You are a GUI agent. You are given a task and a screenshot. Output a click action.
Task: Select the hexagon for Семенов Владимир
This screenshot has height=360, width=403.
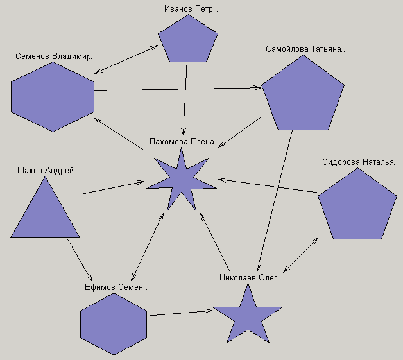click(53, 97)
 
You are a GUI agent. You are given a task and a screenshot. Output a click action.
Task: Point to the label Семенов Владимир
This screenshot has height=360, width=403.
click(55, 56)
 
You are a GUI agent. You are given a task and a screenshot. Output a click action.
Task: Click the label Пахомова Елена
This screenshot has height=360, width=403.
click(183, 141)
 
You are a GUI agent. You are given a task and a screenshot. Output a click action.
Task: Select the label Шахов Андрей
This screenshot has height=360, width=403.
click(47, 171)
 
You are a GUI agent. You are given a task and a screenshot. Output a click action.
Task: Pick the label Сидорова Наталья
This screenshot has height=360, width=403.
click(359, 162)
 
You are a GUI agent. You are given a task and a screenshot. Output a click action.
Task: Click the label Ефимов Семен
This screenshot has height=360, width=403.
click(116, 287)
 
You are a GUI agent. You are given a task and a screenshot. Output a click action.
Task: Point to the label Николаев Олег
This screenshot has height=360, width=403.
click(250, 278)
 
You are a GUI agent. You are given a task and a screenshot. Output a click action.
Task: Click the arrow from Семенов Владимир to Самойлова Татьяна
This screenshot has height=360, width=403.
click(178, 89)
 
